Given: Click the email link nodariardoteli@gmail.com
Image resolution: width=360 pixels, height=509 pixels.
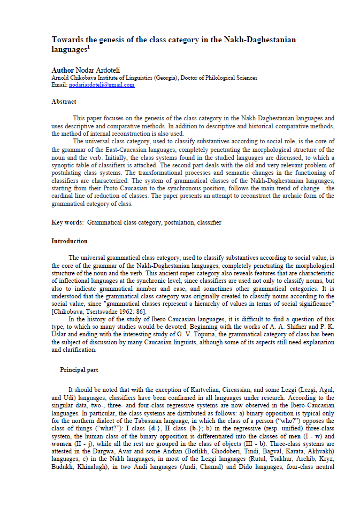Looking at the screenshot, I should point(102,85).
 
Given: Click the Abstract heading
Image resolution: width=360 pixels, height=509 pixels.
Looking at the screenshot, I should point(64,102).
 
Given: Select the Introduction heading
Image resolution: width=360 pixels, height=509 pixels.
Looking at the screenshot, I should point(70,241).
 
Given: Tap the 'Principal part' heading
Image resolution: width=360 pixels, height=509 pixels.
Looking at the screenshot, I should point(79,370).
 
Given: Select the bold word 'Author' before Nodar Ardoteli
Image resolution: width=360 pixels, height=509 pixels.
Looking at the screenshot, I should point(63,71).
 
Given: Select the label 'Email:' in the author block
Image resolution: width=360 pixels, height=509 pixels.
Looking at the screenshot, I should point(59,85).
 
